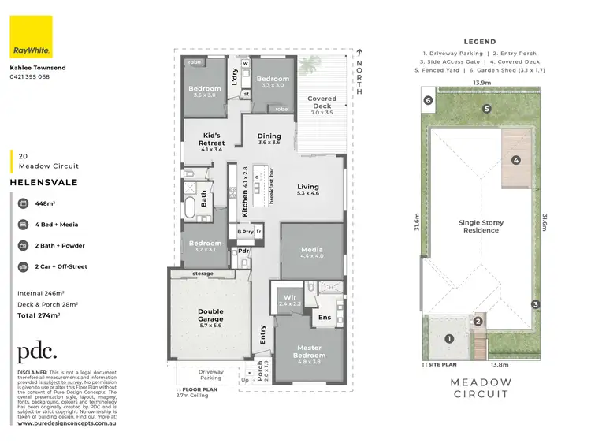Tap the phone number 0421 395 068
pos(29,77)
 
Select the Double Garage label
pos(210,317)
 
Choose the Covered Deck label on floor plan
pos(322,103)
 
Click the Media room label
pos(312,251)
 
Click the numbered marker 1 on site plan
pos(450,339)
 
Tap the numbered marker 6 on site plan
pos(427,100)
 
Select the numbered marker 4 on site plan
pos(516,161)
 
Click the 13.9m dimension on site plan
pos(482,83)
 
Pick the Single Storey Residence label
pos(481,227)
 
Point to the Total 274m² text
pos(39,315)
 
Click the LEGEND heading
pos(479,42)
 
